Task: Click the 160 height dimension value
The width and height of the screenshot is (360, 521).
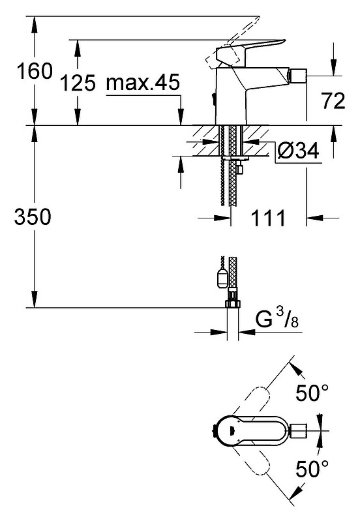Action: coord(35,71)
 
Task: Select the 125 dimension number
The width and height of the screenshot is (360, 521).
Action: coord(78,83)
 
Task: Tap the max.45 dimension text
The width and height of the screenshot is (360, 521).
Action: coord(143,82)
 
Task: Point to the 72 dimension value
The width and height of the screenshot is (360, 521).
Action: coord(333,100)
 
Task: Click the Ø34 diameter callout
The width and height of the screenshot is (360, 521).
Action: coord(298,151)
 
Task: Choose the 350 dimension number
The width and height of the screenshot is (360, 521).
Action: coord(33,216)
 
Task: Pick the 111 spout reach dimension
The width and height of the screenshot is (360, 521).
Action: coord(268,218)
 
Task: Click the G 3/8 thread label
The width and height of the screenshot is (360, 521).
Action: coord(277,318)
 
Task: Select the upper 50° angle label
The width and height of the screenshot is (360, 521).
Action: coord(312,393)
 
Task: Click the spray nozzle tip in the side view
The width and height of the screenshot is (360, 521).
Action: coord(298,76)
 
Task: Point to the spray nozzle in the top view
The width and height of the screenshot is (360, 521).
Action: coord(298,431)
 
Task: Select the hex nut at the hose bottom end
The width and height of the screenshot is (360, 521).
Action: coord(232,303)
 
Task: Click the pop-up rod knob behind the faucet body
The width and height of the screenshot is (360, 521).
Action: coord(213,98)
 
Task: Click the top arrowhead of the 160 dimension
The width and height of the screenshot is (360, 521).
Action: coord(34,24)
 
